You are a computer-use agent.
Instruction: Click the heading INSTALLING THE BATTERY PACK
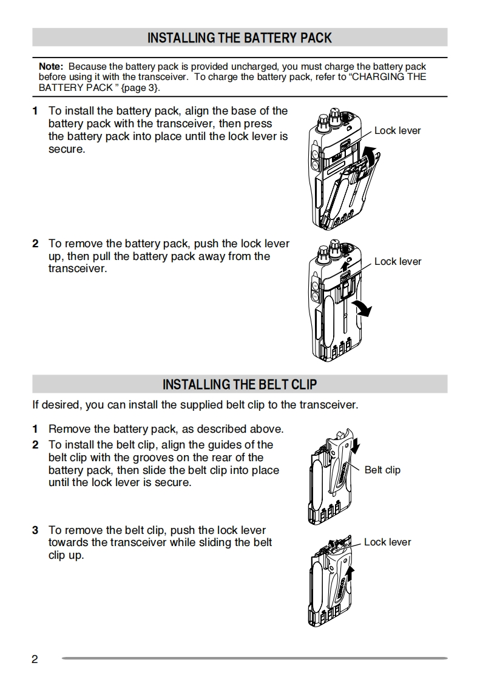[240, 38]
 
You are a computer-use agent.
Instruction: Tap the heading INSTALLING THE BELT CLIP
[240, 385]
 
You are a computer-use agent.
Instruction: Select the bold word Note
[50, 67]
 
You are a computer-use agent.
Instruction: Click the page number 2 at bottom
[35, 659]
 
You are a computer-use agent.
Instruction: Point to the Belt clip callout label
[382, 470]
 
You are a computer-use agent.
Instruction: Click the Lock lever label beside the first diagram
[397, 131]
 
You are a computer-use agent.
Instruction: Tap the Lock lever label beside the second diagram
[397, 262]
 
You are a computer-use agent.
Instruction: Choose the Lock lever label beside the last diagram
[387, 542]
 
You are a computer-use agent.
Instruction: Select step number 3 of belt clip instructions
[35, 530]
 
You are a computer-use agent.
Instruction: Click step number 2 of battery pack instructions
[35, 244]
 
